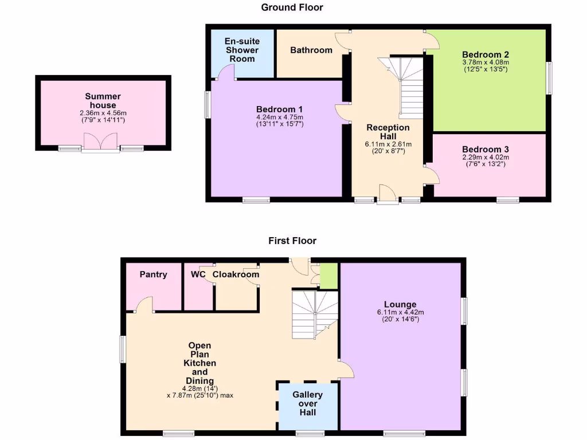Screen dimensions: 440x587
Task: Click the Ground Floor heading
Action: pyautogui.click(x=292, y=7)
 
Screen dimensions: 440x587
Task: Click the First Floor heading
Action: pyautogui.click(x=292, y=241)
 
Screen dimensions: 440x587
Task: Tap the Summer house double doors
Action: pyautogui.click(x=100, y=143)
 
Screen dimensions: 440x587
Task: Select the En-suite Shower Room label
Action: pyautogui.click(x=241, y=50)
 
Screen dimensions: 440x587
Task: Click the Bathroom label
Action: pyautogui.click(x=311, y=50)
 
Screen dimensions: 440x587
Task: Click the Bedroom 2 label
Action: pyautogui.click(x=486, y=55)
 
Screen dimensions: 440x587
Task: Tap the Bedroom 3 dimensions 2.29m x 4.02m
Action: pyautogui.click(x=486, y=158)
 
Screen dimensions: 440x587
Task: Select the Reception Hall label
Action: pyautogui.click(x=388, y=132)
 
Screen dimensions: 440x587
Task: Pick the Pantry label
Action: pyautogui.click(x=154, y=274)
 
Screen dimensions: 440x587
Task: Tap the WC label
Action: pyautogui.click(x=198, y=274)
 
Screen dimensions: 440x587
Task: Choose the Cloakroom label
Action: pyautogui.click(x=236, y=274)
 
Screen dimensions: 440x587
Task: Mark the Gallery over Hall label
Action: pyautogui.click(x=308, y=403)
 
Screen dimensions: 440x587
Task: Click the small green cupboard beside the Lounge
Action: pyautogui.click(x=329, y=276)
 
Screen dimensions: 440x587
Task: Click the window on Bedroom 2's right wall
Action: pyautogui.click(x=549, y=78)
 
